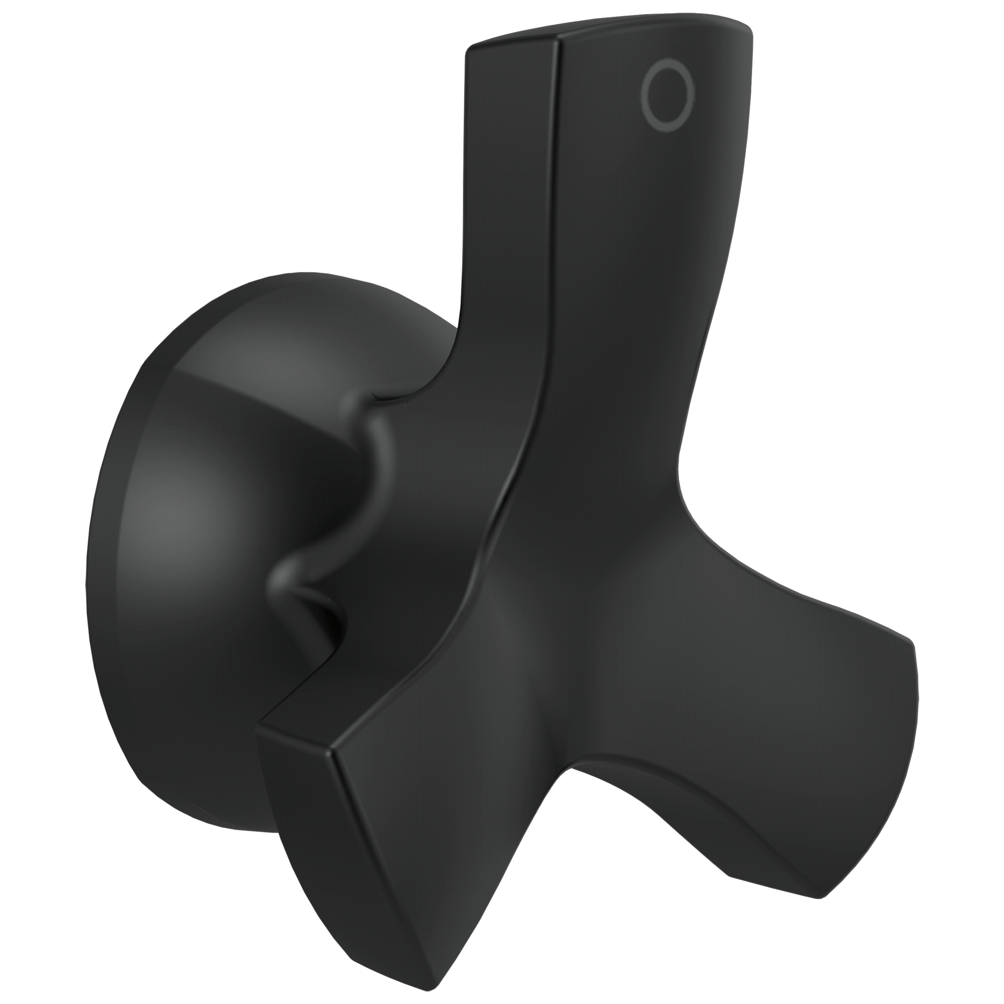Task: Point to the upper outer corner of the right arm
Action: [x=912, y=645]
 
